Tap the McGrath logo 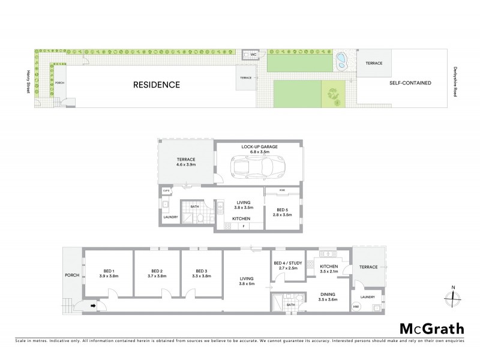(432, 328)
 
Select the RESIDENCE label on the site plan (156, 85)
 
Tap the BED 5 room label (282, 211)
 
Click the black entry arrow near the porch (94, 305)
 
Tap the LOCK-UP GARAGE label (259, 146)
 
